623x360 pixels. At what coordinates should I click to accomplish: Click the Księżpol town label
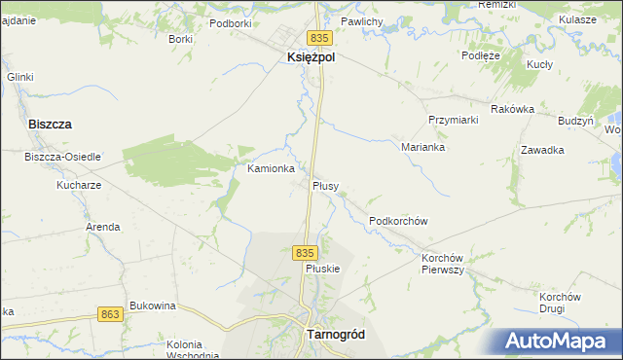coord(311,57)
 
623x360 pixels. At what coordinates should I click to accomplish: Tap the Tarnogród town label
coord(335,333)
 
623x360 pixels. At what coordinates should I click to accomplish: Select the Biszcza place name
coord(51,125)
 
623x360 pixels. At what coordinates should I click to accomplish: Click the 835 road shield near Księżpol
coord(324,36)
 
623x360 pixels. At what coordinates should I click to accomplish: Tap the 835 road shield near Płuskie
coord(305,252)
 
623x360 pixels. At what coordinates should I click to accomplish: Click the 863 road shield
coord(110,313)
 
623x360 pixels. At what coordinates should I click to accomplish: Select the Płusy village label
coord(325,185)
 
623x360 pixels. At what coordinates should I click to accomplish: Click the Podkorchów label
coord(399,221)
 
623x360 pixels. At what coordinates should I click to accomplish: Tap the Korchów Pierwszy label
coord(442,264)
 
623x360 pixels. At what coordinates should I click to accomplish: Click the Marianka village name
coord(422,147)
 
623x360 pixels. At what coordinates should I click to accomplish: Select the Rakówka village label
coord(513,109)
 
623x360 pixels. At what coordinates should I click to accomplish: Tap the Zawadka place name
coord(543,150)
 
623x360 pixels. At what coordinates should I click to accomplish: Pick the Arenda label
coord(103,227)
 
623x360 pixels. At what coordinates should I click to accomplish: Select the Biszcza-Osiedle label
coord(62,157)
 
